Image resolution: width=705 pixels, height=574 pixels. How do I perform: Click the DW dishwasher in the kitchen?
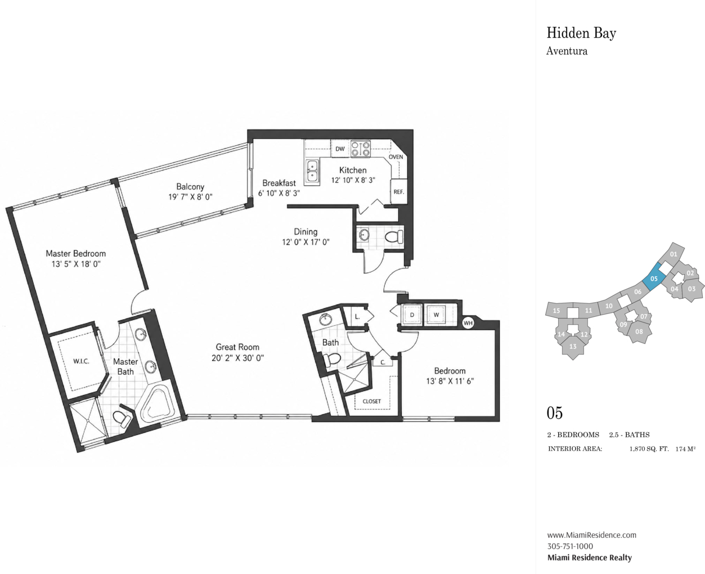[x=340, y=149]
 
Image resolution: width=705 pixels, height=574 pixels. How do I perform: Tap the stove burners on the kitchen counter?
[x=361, y=149]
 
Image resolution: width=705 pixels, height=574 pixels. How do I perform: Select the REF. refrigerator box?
[x=399, y=192]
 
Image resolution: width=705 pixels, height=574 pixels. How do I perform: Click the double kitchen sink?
[x=312, y=171]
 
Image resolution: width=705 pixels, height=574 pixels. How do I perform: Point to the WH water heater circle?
[x=468, y=323]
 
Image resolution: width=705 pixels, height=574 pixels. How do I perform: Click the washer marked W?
[x=436, y=315]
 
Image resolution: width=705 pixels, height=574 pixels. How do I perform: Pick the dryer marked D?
[x=412, y=315]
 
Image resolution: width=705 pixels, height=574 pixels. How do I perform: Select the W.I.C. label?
[x=81, y=361]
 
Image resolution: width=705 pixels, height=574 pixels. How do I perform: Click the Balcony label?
[x=190, y=186]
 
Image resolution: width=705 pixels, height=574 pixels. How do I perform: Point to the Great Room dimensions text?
[x=237, y=358]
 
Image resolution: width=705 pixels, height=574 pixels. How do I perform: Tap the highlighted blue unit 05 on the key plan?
[x=654, y=279]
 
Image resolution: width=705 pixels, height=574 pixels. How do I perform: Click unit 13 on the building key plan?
[x=573, y=347]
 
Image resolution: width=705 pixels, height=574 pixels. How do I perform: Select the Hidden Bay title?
[x=581, y=33]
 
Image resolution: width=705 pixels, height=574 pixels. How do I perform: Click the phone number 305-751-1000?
[x=570, y=546]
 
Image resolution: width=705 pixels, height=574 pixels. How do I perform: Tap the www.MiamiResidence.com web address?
[x=591, y=535]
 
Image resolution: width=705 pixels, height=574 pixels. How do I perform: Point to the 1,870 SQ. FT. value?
[x=649, y=449]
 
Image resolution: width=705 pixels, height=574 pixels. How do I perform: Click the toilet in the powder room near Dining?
[x=394, y=237]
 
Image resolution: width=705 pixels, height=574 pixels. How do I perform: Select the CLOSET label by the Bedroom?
[x=372, y=401]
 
